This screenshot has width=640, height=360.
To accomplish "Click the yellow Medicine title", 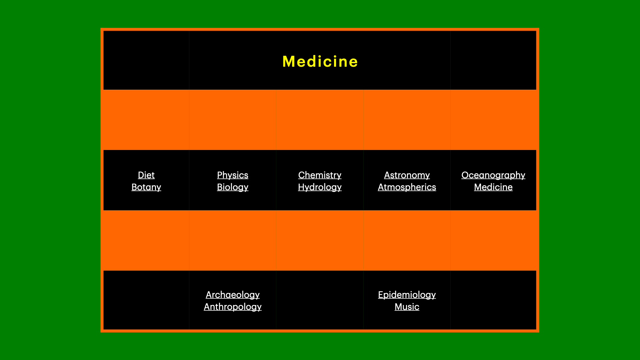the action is point(320,62).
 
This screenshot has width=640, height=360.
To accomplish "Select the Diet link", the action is point(146,175).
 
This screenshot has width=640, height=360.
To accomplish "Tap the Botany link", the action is point(146,187).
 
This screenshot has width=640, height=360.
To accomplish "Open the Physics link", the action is point(232,175).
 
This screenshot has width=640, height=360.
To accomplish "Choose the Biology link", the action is point(232,187).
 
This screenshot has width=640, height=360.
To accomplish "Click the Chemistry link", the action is point(320,175).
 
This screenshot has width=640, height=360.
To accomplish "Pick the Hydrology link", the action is point(320,187).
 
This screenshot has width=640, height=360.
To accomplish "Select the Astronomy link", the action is point(407,175).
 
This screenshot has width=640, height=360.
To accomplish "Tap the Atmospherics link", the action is point(407,187).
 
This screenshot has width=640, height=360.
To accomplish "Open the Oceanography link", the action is point(493,175).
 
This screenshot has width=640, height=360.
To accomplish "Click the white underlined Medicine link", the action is point(493,187).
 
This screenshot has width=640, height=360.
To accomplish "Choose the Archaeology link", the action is point(232,295).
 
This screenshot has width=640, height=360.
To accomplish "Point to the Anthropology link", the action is point(232,307).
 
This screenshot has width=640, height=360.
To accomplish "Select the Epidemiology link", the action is point(407,295).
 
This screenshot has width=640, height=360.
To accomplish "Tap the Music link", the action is point(407,307).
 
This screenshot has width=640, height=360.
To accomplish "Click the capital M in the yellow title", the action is point(289,62).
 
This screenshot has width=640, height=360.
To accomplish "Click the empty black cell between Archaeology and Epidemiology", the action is point(320,300).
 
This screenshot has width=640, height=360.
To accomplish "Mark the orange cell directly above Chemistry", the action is point(320,120).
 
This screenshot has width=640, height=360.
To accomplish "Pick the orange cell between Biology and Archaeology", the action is point(232,240).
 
